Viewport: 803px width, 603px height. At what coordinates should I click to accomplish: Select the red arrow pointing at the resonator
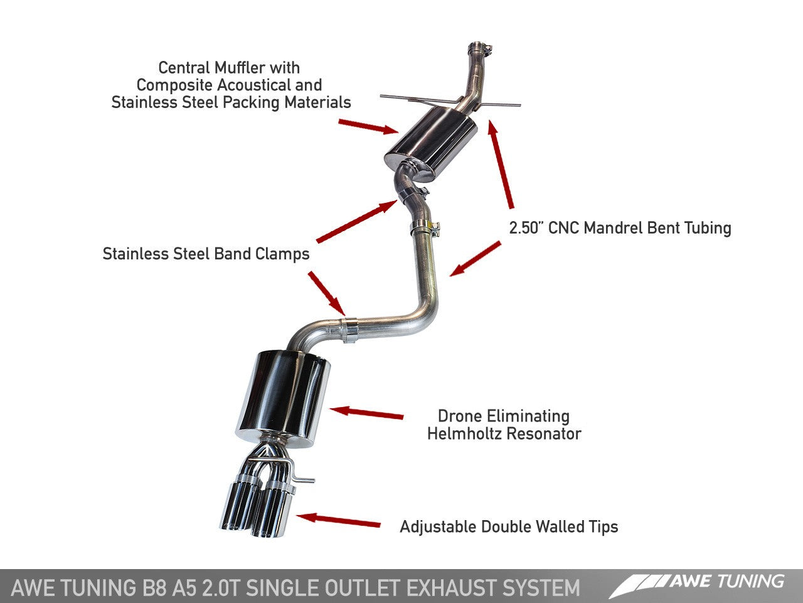(366, 413)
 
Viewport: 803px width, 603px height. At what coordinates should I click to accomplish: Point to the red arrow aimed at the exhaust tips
(339, 521)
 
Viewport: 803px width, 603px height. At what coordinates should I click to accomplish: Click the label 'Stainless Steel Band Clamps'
(206, 254)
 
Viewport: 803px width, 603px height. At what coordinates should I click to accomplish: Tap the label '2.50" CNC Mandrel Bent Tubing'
(620, 227)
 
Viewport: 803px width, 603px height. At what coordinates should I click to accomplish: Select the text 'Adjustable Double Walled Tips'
(509, 526)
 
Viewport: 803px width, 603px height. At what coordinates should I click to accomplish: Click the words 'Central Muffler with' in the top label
(229, 68)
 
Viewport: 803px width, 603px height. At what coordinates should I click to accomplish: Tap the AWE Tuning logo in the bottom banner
(697, 584)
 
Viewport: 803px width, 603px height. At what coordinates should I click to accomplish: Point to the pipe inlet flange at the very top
(479, 48)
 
